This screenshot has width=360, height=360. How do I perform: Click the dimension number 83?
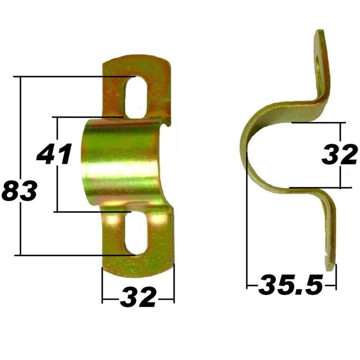[x=19, y=191]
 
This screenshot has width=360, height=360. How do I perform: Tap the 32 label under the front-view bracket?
[x=138, y=298]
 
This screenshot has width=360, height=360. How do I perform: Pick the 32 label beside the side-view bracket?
[x=340, y=156]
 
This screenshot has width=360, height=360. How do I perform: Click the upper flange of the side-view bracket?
[x=322, y=67]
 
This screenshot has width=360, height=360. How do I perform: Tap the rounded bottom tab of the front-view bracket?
[x=137, y=263]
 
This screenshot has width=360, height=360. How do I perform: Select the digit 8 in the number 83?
[x=10, y=191]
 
